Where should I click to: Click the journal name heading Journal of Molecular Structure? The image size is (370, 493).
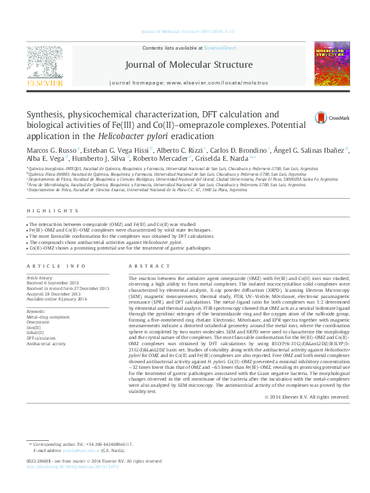[x=189, y=65]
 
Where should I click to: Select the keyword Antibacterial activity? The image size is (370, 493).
[x=45, y=343]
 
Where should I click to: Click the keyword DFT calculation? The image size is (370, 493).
[x=42, y=338]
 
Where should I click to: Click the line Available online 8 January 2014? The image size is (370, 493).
[x=57, y=298]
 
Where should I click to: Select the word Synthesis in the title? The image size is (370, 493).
[x=47, y=115]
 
